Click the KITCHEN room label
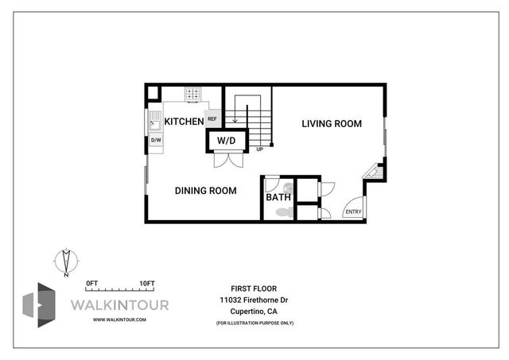[184, 122]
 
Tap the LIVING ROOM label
[332, 124]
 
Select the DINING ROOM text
[205, 191]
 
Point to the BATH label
[278, 197]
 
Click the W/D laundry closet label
[227, 141]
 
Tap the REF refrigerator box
[212, 120]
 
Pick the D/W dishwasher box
[156, 141]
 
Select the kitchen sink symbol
[156, 122]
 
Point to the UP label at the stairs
[259, 149]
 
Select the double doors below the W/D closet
[227, 159]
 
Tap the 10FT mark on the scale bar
[146, 283]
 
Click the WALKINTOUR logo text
[120, 304]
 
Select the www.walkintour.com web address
[119, 319]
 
